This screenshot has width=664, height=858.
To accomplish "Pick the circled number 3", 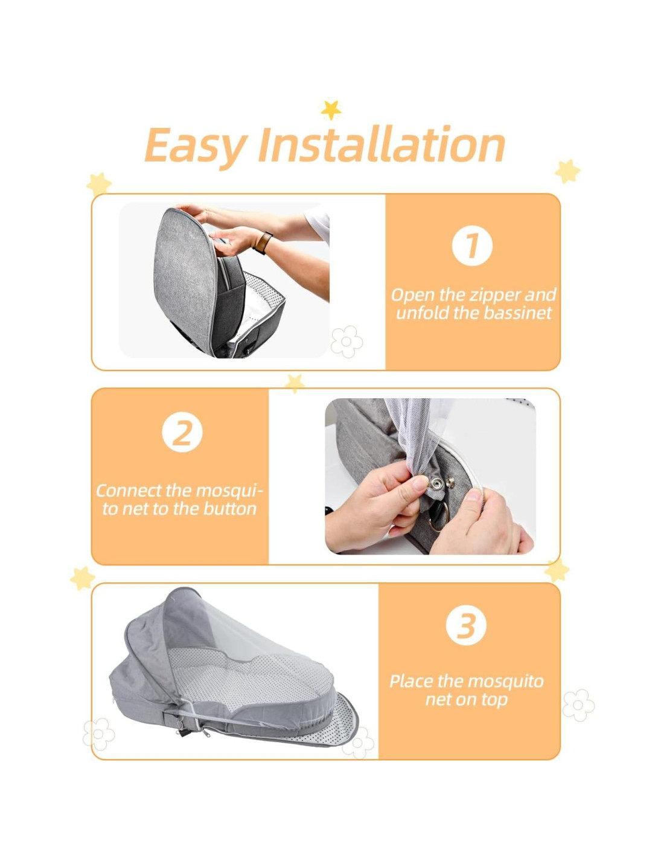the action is (466, 625).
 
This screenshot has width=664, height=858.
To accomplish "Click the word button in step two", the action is (230, 509).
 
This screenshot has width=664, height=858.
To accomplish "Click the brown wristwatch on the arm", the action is (263, 243).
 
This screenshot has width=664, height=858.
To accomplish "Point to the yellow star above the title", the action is (331, 110).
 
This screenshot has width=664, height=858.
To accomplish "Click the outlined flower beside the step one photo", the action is (346, 342).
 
